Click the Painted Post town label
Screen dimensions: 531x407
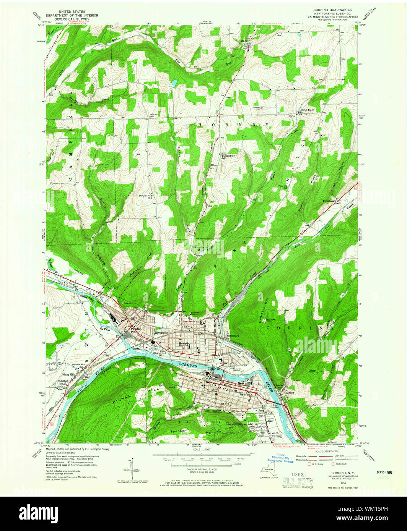[136, 330]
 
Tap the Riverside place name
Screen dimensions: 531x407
[162, 333]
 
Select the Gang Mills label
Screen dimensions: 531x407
[70, 375]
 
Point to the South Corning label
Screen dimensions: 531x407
[276, 435]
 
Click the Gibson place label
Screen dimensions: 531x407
[290, 393]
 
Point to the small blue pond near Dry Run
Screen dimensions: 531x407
[174, 82]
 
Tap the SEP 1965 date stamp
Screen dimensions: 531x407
[384, 472]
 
